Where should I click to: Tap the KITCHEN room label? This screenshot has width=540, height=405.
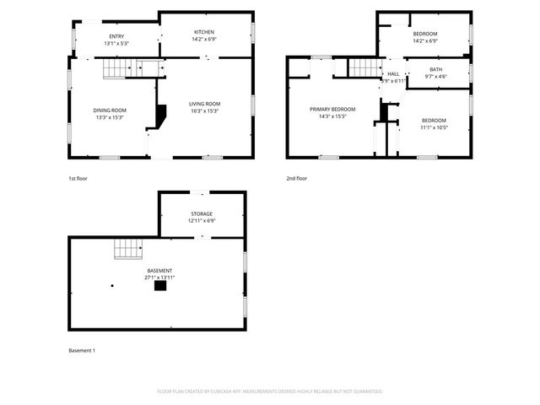point(205,31)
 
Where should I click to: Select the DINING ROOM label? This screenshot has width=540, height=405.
point(110,111)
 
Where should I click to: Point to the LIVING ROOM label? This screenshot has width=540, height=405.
point(206,104)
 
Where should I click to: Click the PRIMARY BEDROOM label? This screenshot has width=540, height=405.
point(332,109)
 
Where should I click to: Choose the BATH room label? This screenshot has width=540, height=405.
point(435,69)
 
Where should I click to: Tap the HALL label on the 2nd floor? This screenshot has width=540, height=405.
point(393,73)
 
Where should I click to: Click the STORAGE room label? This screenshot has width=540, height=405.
point(201,214)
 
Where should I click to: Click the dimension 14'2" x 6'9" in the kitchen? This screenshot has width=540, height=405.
point(205,39)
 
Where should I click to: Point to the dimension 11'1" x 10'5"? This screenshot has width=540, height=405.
point(434,127)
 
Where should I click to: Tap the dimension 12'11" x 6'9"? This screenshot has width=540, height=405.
point(202,221)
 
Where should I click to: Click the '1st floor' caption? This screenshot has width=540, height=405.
point(78,179)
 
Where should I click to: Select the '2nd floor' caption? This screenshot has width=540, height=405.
point(297,179)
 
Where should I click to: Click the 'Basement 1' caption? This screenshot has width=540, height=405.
point(82,350)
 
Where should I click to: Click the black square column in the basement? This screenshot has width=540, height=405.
point(159,286)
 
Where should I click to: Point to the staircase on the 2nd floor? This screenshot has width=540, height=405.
point(365,67)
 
